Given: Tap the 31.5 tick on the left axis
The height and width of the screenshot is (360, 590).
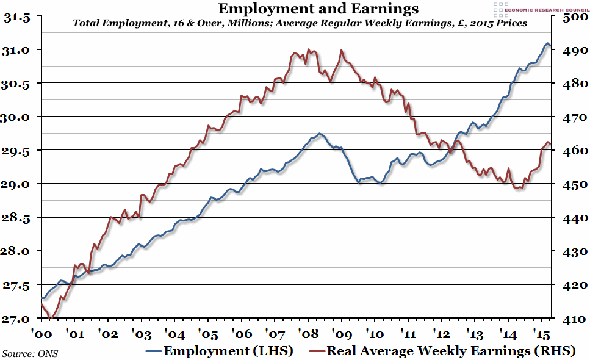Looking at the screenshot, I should [x=17, y=18].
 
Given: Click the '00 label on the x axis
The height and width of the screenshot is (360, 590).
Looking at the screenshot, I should [x=41, y=334].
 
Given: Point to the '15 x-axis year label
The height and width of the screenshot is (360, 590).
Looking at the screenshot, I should [x=538, y=334].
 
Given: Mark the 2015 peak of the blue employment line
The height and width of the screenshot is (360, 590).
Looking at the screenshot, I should [x=547, y=43].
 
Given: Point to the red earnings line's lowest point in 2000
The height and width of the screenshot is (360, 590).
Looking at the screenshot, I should [x=51, y=317].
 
